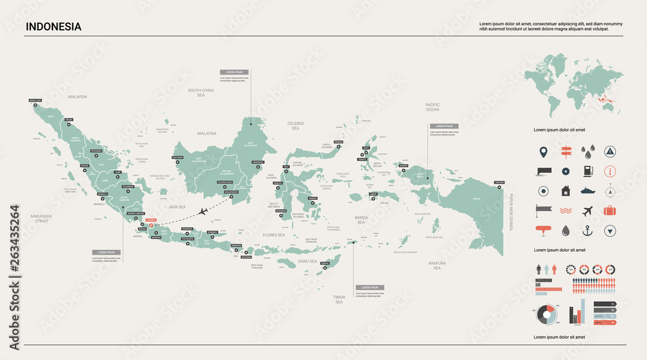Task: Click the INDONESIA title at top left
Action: pyautogui.click(x=54, y=27)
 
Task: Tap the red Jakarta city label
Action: pyautogui.click(x=151, y=220)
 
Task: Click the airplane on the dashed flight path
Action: pyautogui.click(x=203, y=211)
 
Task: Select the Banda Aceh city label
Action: pyautogui.click(x=36, y=100)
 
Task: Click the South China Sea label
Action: pyautogui.click(x=201, y=93)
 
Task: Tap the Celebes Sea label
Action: pyautogui.click(x=296, y=126)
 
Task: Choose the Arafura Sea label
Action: pyautogui.click(x=437, y=265)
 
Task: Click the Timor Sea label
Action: pyautogui.click(x=339, y=299)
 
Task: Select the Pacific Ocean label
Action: pyautogui.click(x=432, y=107)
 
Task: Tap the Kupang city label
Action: pyautogui.click(x=325, y=264)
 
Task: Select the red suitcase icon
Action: pyautogui.click(x=609, y=210)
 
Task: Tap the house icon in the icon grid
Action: pyautogui.click(x=565, y=191)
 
